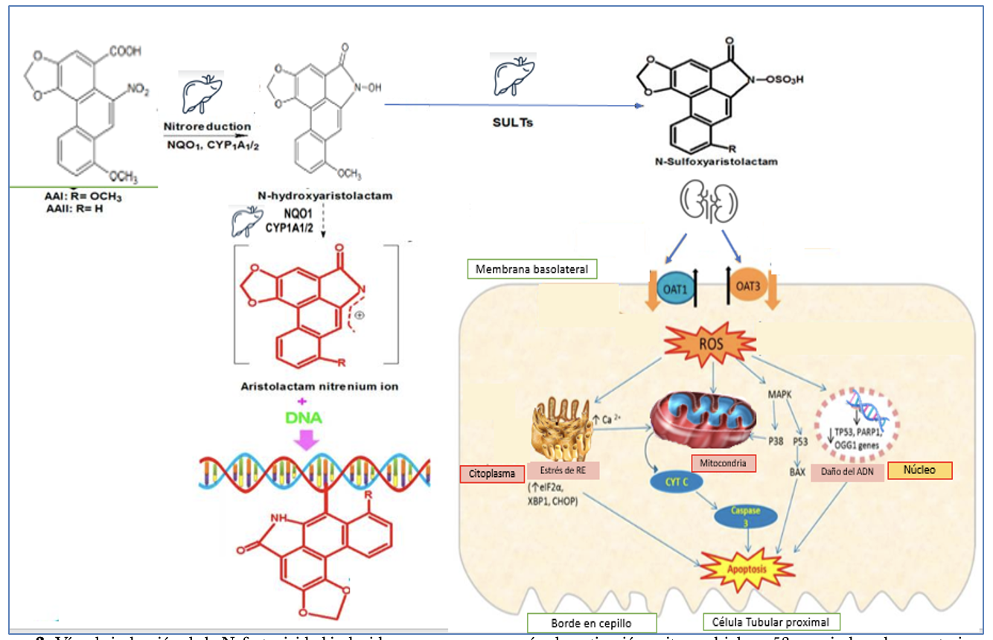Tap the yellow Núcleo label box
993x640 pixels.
click(x=920, y=470)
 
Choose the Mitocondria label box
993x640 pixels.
click(x=724, y=463)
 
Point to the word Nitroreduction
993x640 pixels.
click(x=207, y=127)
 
